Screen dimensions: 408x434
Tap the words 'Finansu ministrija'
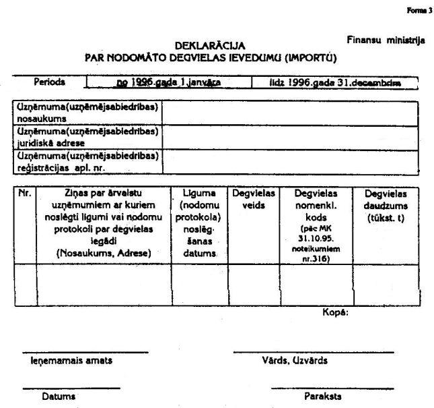[386, 40]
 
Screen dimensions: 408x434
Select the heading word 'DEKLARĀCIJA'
[209, 46]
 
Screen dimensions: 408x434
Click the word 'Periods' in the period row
[50, 82]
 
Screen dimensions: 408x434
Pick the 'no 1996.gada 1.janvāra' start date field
[168, 82]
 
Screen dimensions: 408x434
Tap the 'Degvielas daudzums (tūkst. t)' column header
[385, 204]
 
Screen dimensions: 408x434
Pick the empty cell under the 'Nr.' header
[25, 285]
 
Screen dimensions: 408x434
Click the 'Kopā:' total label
[335, 312]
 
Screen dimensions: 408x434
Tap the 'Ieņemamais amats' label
[71, 360]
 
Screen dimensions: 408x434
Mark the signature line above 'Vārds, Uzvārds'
[313, 352]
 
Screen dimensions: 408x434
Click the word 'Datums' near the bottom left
[59, 397]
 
